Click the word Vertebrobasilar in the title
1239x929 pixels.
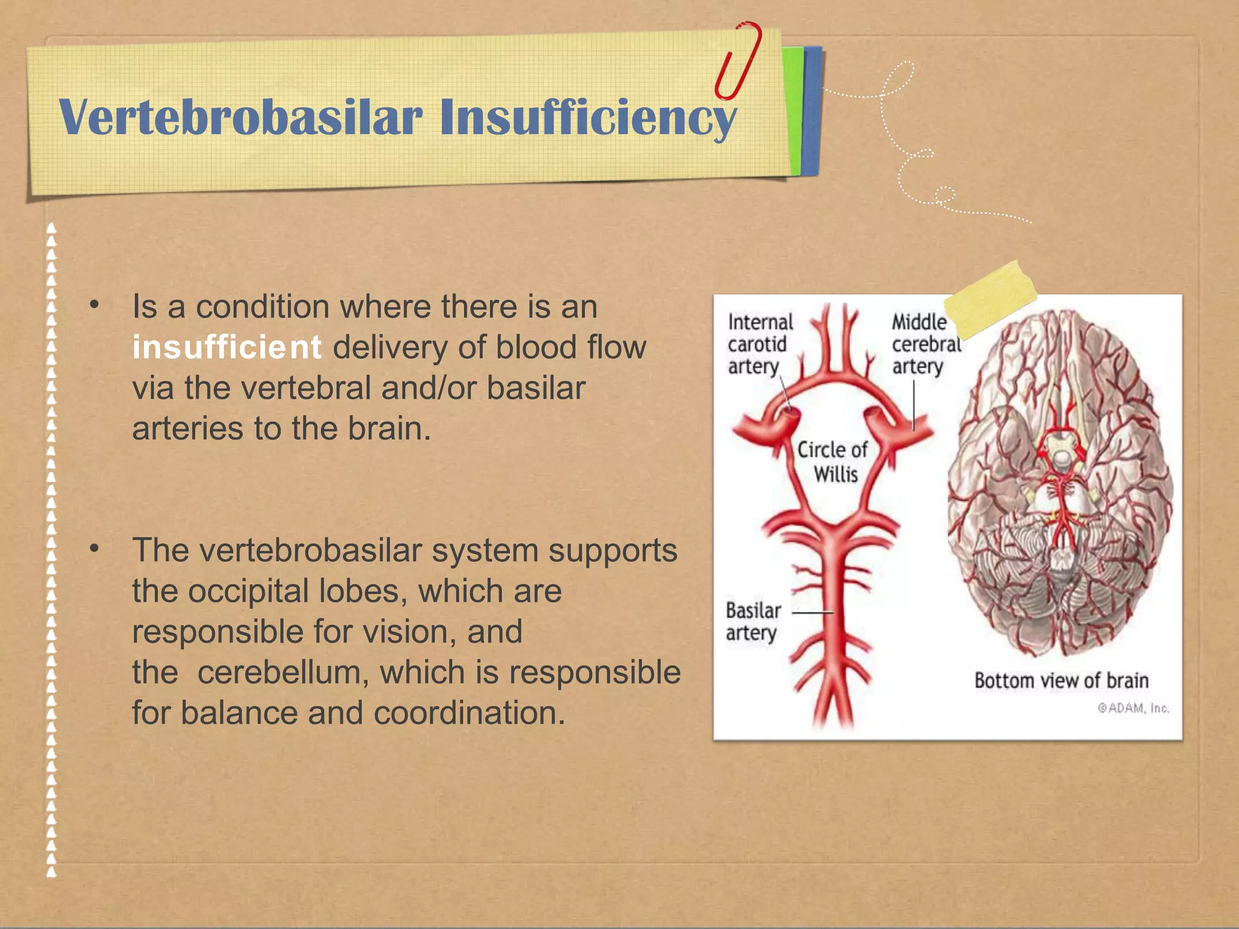point(240,117)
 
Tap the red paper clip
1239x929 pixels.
point(737,60)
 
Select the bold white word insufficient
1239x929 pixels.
point(227,348)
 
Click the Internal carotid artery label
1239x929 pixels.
point(760,344)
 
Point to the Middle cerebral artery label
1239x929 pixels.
point(925,344)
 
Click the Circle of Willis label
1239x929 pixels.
point(833,461)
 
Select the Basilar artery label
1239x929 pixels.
point(753,621)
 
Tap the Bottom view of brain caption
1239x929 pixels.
point(1061,680)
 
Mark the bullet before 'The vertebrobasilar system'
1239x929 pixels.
point(94,549)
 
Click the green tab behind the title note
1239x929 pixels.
point(793,109)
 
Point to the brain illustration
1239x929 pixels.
point(1059,484)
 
